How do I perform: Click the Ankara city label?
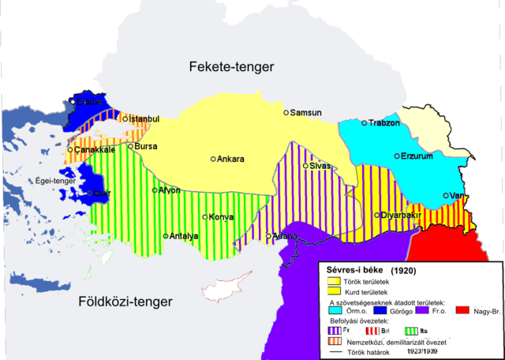[230, 159]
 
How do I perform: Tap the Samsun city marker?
[287, 113]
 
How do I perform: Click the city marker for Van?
[446, 196]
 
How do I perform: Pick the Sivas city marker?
[306, 166]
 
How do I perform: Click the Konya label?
[221, 217]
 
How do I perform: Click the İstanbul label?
[144, 119]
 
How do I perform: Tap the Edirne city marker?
[73, 101]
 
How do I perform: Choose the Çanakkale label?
[95, 149]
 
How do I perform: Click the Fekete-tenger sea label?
[231, 68]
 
